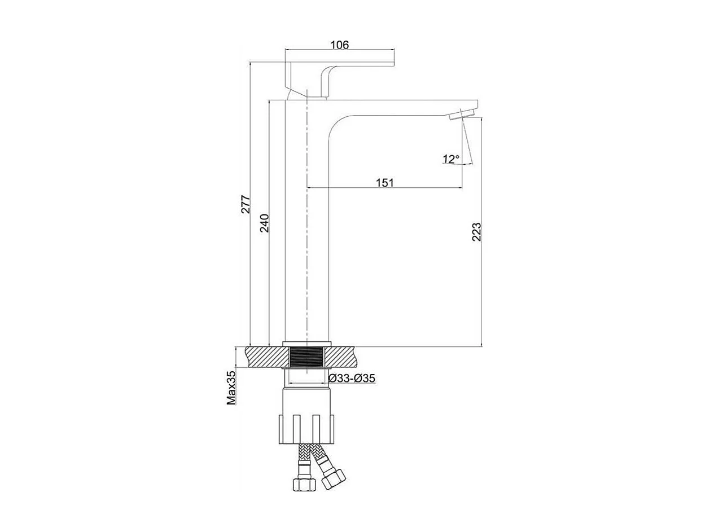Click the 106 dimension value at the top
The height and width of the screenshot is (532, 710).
coord(339,45)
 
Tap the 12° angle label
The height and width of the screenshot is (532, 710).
coord(450,159)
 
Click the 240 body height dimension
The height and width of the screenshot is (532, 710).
coord(265,223)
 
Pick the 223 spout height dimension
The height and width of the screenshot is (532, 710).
coord(476,232)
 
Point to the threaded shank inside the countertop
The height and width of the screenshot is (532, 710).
coord(306,358)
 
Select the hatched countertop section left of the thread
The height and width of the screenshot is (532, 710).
coord(266,358)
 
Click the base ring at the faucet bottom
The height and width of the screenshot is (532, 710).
coord(306,343)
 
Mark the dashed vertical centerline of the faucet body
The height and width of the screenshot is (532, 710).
coord(306,226)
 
